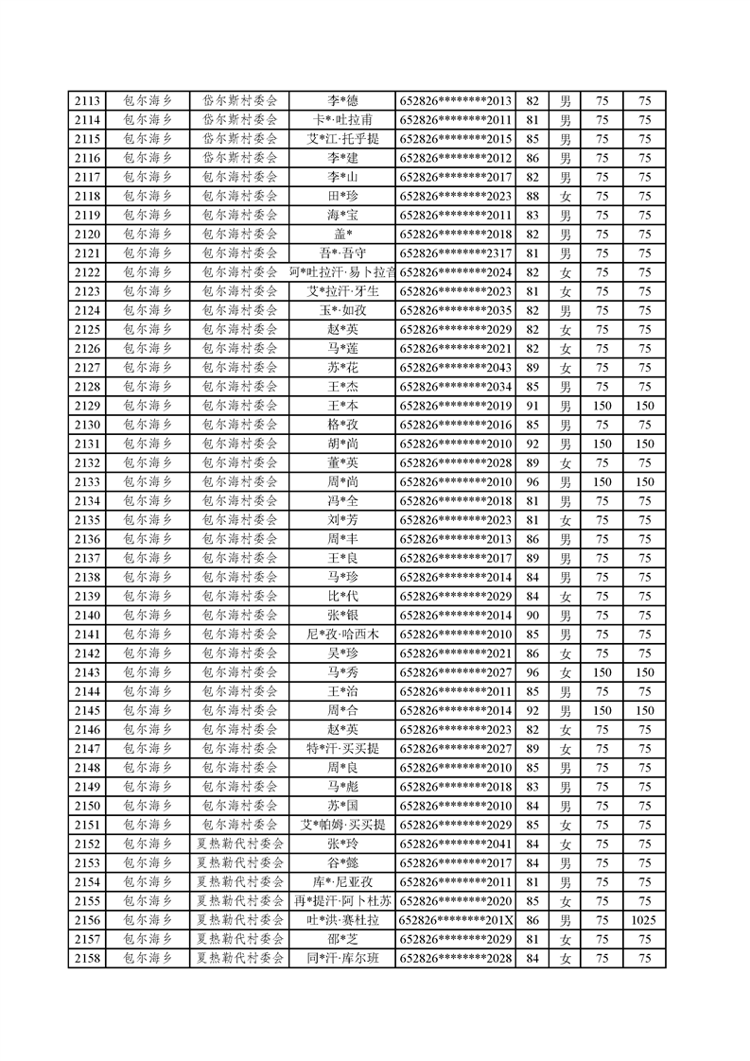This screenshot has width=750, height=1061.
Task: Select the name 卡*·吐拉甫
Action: (x=342, y=120)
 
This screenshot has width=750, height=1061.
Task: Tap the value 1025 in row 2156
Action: (x=645, y=920)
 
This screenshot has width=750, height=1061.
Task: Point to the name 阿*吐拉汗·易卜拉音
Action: (x=342, y=272)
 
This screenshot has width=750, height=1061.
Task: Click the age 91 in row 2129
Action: (x=532, y=406)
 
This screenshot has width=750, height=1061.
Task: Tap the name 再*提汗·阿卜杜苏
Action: (x=342, y=901)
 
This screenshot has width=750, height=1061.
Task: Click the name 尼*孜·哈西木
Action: (x=342, y=635)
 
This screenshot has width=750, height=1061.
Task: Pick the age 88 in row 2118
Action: (x=532, y=197)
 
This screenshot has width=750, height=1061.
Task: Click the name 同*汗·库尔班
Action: (x=342, y=958)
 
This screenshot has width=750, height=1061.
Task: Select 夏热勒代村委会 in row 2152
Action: (x=240, y=844)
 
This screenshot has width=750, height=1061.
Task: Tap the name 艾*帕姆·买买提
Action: (x=342, y=825)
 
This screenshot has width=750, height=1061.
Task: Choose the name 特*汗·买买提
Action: (x=342, y=749)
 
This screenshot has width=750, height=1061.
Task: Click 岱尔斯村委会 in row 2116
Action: (x=240, y=158)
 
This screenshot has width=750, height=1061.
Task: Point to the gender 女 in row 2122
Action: (x=566, y=272)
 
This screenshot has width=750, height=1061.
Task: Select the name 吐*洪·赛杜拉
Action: (x=342, y=920)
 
